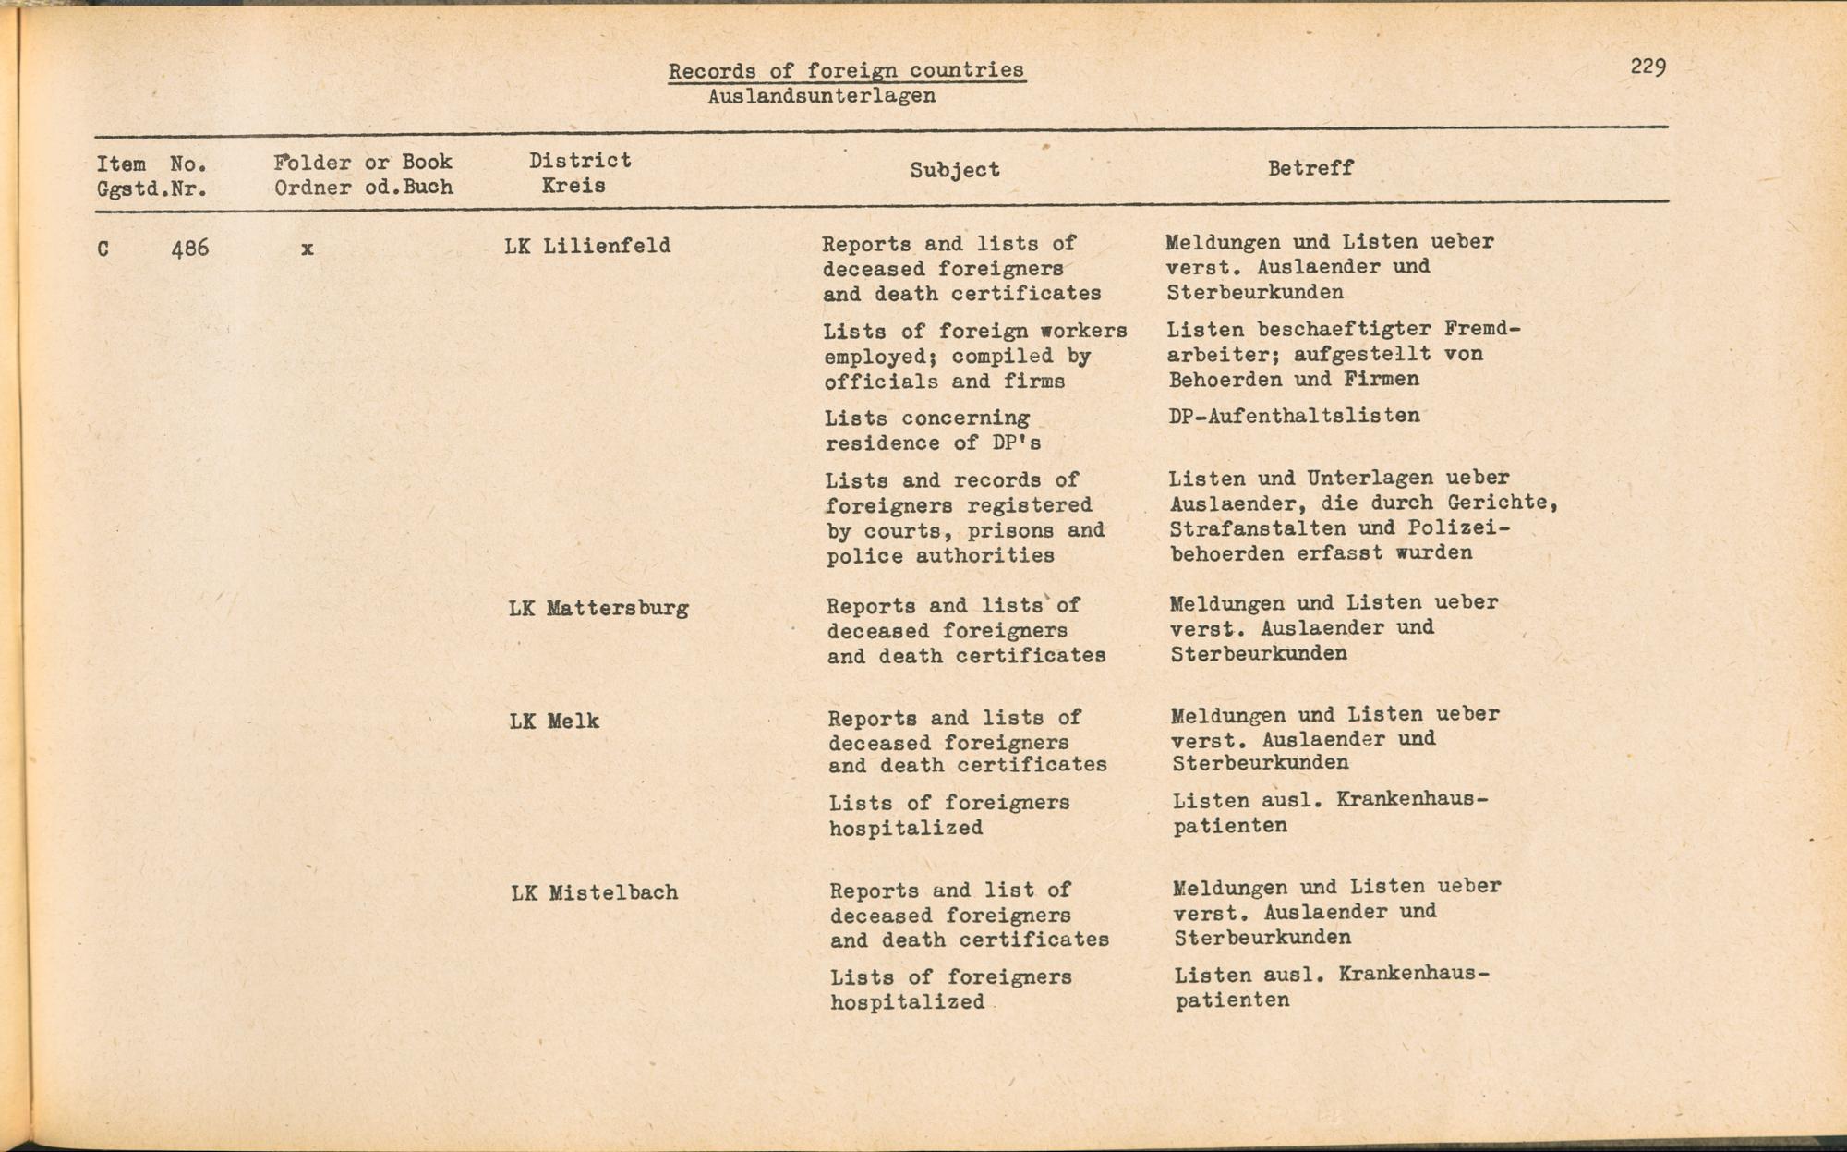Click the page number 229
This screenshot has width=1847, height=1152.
point(1648,67)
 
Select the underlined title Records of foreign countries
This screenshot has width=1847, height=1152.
point(846,70)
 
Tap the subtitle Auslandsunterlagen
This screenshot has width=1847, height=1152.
point(821,96)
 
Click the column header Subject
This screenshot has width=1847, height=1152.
point(954,170)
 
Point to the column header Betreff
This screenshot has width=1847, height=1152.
point(1310,168)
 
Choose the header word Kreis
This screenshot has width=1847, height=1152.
point(573,186)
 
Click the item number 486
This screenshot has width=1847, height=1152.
point(190,249)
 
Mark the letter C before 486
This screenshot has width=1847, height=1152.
point(103,249)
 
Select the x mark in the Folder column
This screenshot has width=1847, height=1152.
point(307,249)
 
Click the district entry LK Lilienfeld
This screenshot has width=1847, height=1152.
point(587,247)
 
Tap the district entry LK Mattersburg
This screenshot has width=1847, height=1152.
point(598,609)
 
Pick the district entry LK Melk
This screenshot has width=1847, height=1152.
point(554,722)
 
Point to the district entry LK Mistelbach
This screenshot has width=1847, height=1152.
point(595,893)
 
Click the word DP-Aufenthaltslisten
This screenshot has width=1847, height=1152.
point(1294,416)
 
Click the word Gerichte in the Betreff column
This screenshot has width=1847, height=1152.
point(1500,503)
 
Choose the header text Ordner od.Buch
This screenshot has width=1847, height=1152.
point(363,188)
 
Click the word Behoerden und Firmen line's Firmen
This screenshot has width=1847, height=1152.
point(1382,380)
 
